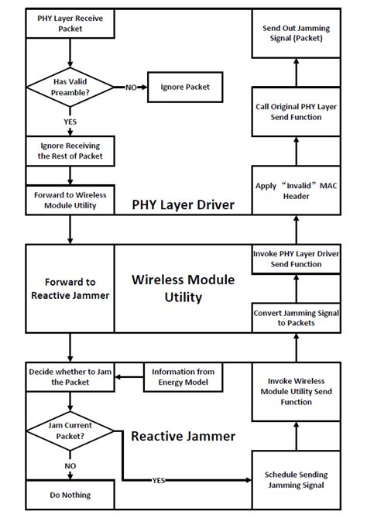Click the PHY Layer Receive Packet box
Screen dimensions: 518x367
coord(70,23)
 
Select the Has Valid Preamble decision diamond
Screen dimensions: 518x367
coord(70,87)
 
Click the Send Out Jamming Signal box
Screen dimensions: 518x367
coord(296,33)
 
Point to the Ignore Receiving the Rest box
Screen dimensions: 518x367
coord(70,150)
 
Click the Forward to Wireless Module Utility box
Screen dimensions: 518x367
coord(70,199)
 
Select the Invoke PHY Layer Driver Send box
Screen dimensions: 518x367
coord(296,259)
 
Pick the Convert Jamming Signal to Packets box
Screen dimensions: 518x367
coord(296,318)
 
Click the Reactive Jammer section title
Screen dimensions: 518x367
coord(183,436)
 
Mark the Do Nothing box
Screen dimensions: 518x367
coord(70,495)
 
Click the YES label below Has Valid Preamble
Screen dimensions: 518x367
coord(70,122)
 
